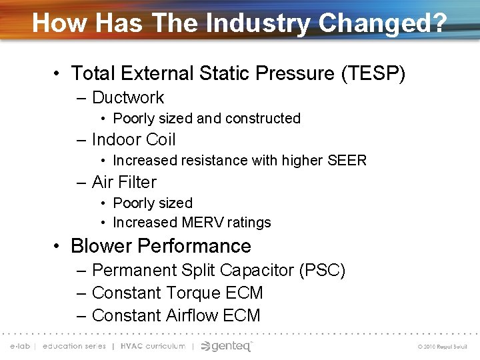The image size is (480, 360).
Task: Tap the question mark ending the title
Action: coord(439,23)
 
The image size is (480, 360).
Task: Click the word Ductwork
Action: coord(128,97)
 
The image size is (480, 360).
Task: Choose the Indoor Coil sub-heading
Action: coord(133,139)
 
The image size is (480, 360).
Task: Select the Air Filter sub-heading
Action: coord(124,182)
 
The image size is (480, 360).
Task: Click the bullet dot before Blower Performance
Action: coord(59,246)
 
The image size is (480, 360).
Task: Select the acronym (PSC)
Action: coord(322,271)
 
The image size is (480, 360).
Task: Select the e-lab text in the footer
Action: coord(21,346)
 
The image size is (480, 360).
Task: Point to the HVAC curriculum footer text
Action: coord(153,346)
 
